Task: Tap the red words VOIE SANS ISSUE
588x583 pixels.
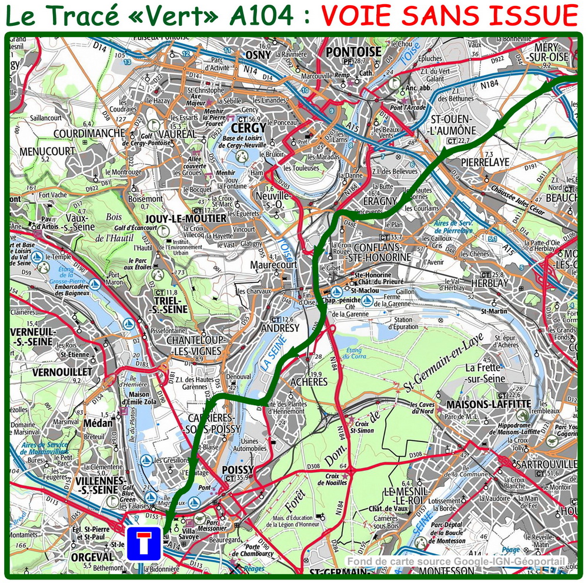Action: coord(450,16)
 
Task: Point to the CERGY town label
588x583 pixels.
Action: coord(249,127)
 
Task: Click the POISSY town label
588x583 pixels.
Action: coord(238,470)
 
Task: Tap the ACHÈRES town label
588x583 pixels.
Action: coord(309,382)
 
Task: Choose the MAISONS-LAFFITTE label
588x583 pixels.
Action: coord(489,404)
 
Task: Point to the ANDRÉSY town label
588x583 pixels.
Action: coord(280,328)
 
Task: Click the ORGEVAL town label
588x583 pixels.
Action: coord(92,557)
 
